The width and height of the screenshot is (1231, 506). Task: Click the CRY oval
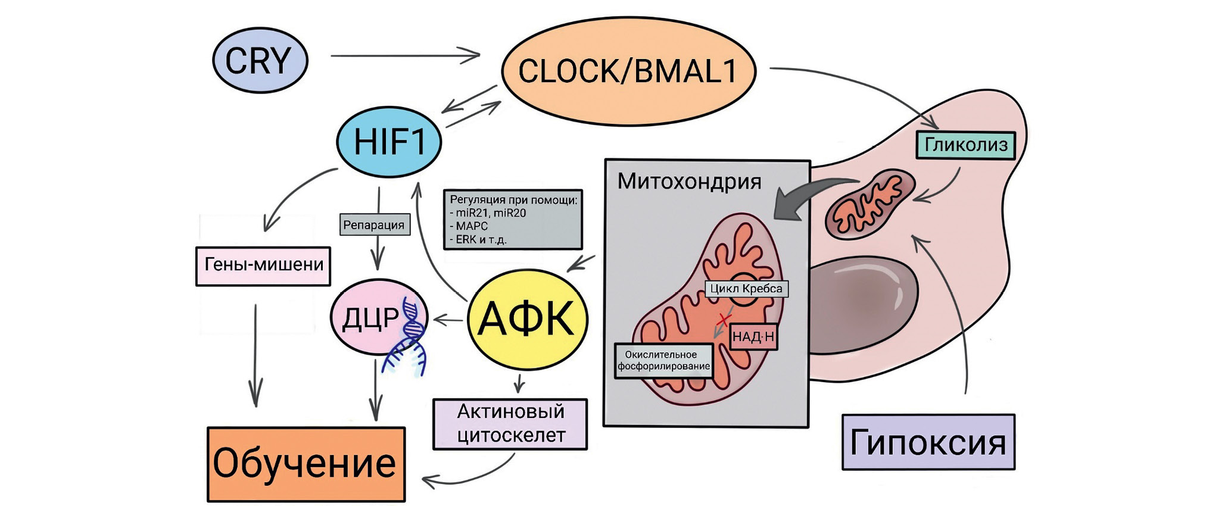[260, 60]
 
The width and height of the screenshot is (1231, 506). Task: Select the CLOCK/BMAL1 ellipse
[628, 71]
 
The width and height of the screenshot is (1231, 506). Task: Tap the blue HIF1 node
[389, 142]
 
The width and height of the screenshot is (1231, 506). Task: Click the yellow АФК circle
[527, 319]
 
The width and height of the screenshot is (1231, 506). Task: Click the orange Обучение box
[306, 464]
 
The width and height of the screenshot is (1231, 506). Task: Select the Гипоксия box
[928, 442]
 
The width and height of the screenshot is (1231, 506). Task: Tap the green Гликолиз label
[965, 145]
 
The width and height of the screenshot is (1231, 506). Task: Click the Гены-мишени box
[263, 266]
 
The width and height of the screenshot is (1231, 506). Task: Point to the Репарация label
[374, 225]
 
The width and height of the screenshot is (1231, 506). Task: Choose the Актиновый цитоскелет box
[510, 423]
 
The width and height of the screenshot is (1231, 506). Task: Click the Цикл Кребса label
[746, 289]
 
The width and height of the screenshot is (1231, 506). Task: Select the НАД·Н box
[753, 336]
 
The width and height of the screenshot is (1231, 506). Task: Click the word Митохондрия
[689, 181]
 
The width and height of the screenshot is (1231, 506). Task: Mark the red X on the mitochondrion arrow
[724, 320]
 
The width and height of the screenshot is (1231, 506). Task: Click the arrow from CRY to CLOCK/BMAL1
[405, 55]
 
